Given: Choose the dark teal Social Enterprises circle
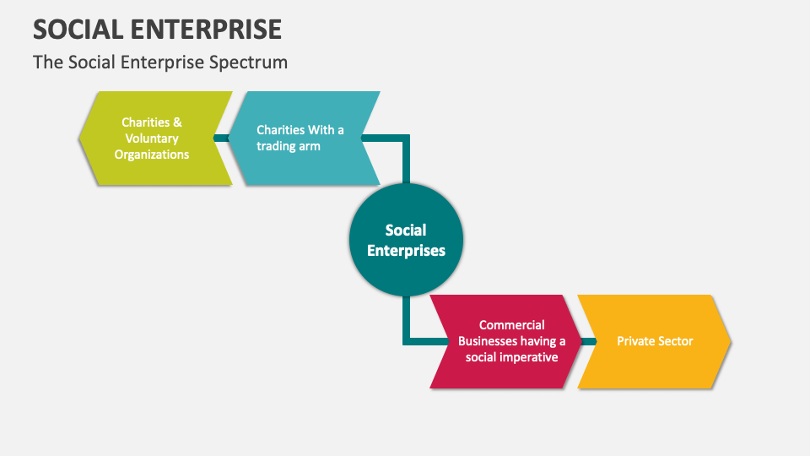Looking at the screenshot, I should coord(406,240).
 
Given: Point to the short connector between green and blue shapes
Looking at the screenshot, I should coord(221,138).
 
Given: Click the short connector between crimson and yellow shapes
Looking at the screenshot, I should coord(588,341).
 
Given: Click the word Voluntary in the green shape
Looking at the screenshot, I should coord(152,138).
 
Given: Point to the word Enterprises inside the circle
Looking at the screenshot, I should coord(406,250).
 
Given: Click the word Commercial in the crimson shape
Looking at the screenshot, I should coord(511,325).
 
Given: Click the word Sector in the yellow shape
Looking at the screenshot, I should coord(675,341).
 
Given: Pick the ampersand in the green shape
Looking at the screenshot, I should coord(177,122).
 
